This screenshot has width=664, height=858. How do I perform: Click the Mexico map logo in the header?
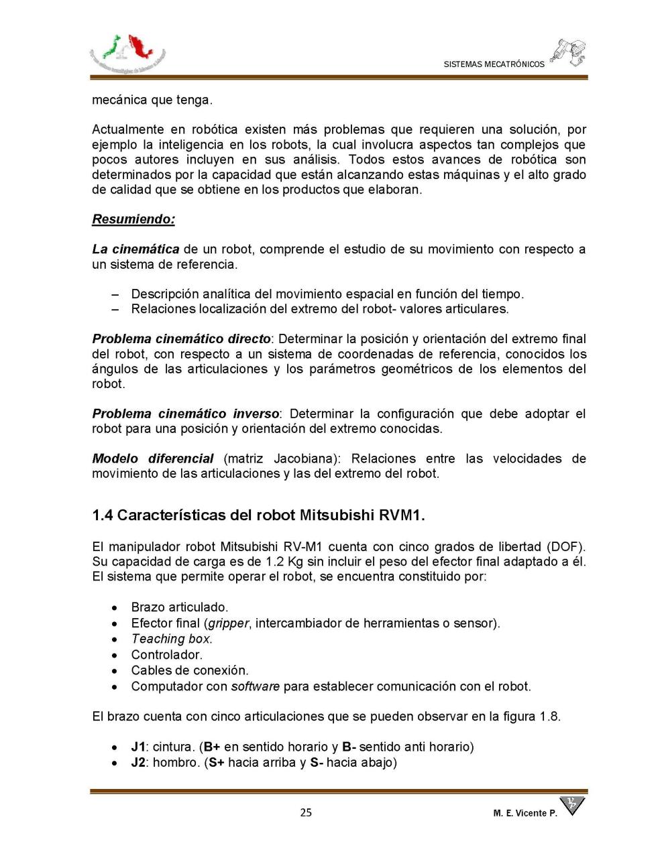pyautogui.click(x=127, y=53)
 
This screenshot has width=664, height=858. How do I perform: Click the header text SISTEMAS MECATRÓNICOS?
pyautogui.click(x=494, y=64)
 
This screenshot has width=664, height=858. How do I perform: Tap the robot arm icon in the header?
pyautogui.click(x=569, y=52)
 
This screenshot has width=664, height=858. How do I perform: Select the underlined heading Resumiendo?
pyautogui.click(x=133, y=219)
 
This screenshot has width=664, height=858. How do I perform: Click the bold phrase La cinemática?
pyautogui.click(x=135, y=249)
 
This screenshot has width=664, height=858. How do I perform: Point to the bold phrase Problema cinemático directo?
pyautogui.click(x=181, y=339)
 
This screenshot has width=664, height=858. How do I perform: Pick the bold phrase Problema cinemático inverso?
pyautogui.click(x=185, y=414)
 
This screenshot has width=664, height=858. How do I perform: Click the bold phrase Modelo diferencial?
pyautogui.click(x=152, y=458)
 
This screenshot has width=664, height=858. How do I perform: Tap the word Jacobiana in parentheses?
pyautogui.click(x=307, y=458)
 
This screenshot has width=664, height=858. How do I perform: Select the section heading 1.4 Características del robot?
pyautogui.click(x=258, y=515)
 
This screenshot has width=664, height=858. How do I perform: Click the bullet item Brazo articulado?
pyautogui.click(x=179, y=607)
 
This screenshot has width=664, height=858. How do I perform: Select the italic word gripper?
pyautogui.click(x=228, y=623)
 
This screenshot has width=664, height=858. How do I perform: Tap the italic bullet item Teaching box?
pyautogui.click(x=171, y=639)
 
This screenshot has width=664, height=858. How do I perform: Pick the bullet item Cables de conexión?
pyautogui.click(x=189, y=670)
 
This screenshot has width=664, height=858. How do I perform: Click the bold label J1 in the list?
pyautogui.click(x=138, y=747)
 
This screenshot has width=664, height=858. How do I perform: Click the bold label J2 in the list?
pyautogui.click(x=138, y=762)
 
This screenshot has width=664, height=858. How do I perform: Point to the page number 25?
pyautogui.click(x=306, y=812)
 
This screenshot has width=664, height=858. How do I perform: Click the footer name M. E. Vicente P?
pyautogui.click(x=524, y=813)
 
